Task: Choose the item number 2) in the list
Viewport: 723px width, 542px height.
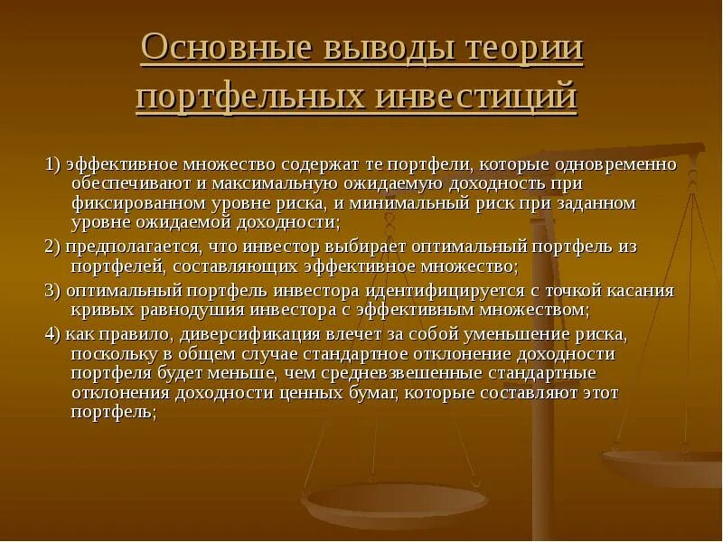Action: (52, 248)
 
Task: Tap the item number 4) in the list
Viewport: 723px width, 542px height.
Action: (52, 332)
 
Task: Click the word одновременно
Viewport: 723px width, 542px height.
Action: (606, 164)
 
